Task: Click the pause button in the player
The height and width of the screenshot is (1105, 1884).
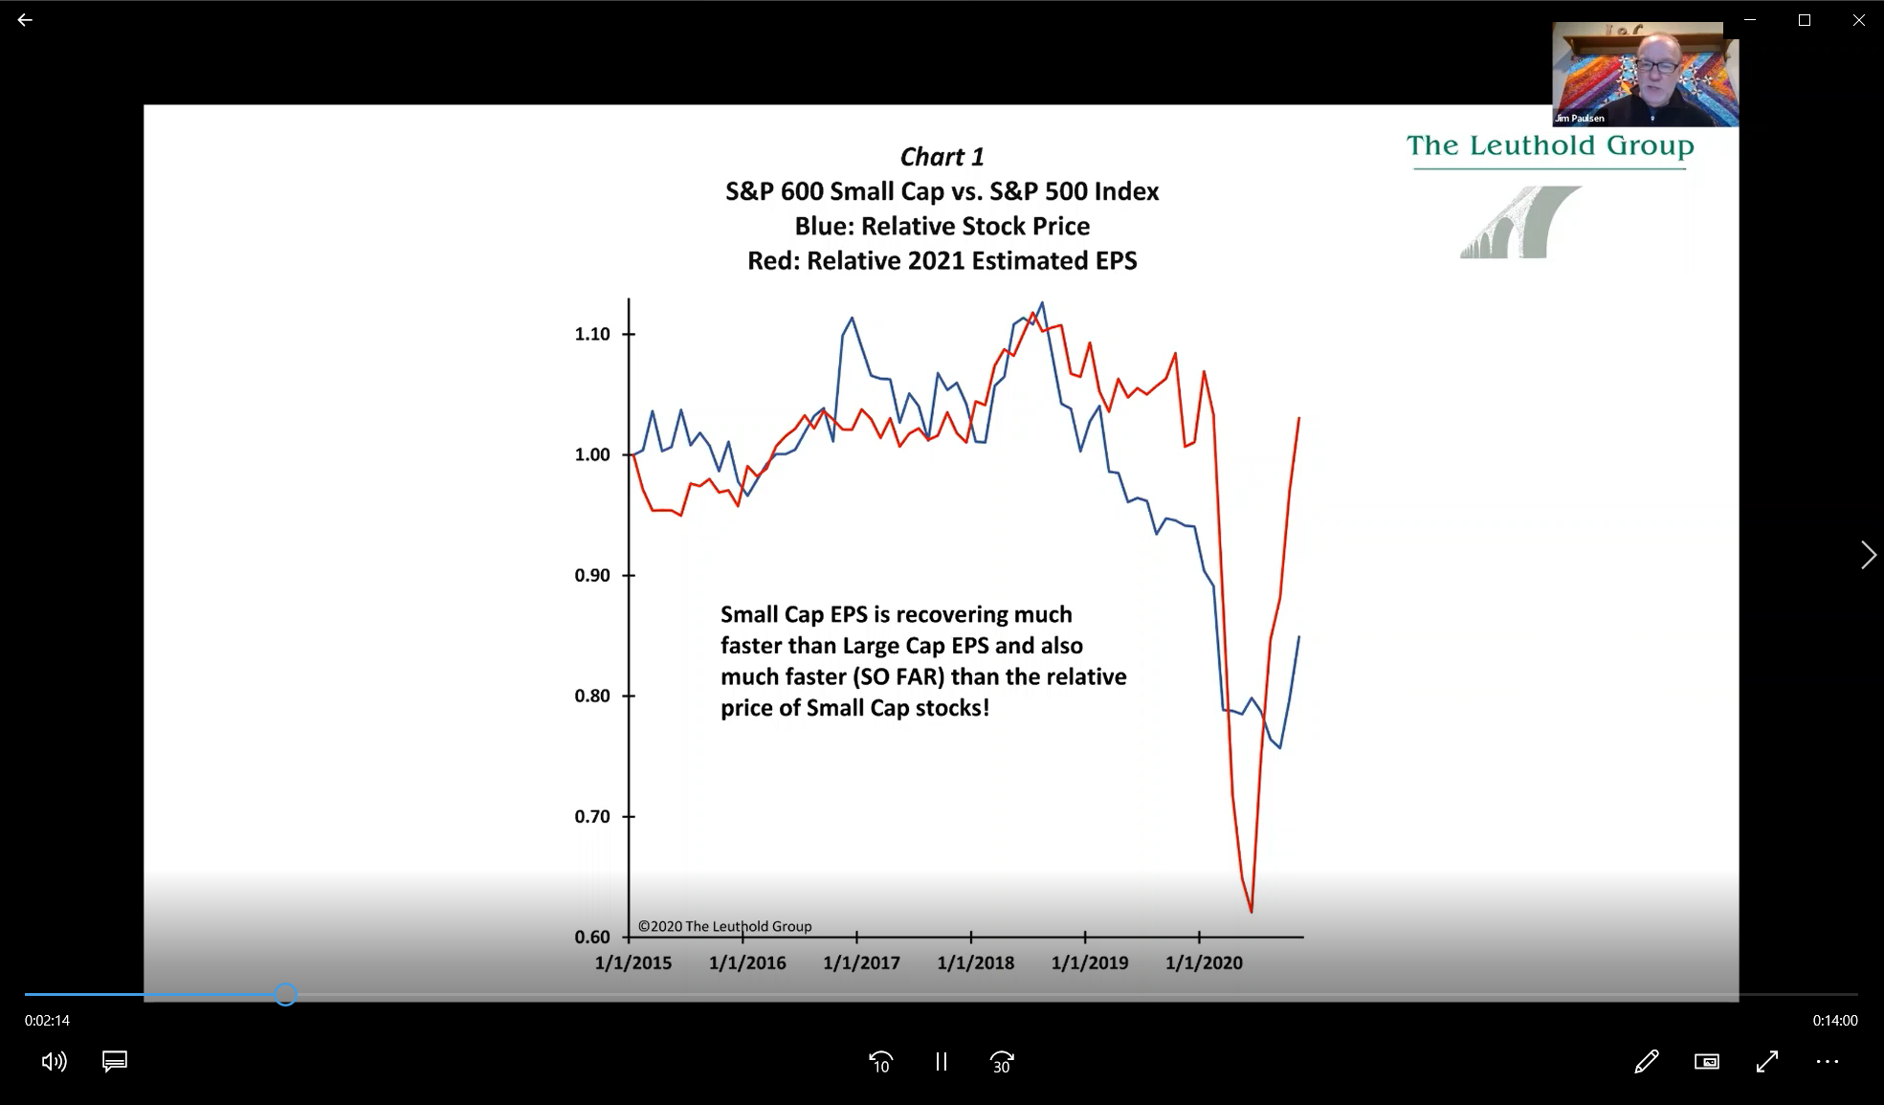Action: click(942, 1062)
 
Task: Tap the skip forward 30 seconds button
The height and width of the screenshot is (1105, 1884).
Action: click(1002, 1062)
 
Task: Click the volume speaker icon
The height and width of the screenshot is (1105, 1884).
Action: click(54, 1061)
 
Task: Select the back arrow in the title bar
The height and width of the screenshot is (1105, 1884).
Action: click(25, 20)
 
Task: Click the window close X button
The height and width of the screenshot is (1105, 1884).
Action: click(1858, 20)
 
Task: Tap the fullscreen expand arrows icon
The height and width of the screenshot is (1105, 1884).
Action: click(1767, 1061)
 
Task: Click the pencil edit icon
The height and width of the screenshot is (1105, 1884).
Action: click(1647, 1061)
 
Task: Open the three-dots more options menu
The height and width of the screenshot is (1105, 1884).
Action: click(1827, 1061)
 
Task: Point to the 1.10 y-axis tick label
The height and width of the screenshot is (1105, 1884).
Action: click(592, 334)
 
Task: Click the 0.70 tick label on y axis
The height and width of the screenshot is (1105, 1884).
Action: click(592, 816)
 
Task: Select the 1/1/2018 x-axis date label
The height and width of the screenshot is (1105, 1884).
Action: click(976, 962)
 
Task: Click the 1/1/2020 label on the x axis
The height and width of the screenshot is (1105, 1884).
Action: click(1204, 962)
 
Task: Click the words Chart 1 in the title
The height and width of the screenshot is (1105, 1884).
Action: click(942, 157)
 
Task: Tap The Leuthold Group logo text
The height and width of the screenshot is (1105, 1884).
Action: click(1550, 146)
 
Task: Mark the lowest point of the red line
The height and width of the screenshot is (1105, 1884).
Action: click(1252, 911)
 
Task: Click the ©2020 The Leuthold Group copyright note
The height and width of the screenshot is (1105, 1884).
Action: click(724, 926)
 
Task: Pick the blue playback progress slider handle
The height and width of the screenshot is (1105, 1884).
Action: click(286, 995)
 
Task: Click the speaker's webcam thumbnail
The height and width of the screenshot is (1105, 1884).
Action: click(1645, 75)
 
